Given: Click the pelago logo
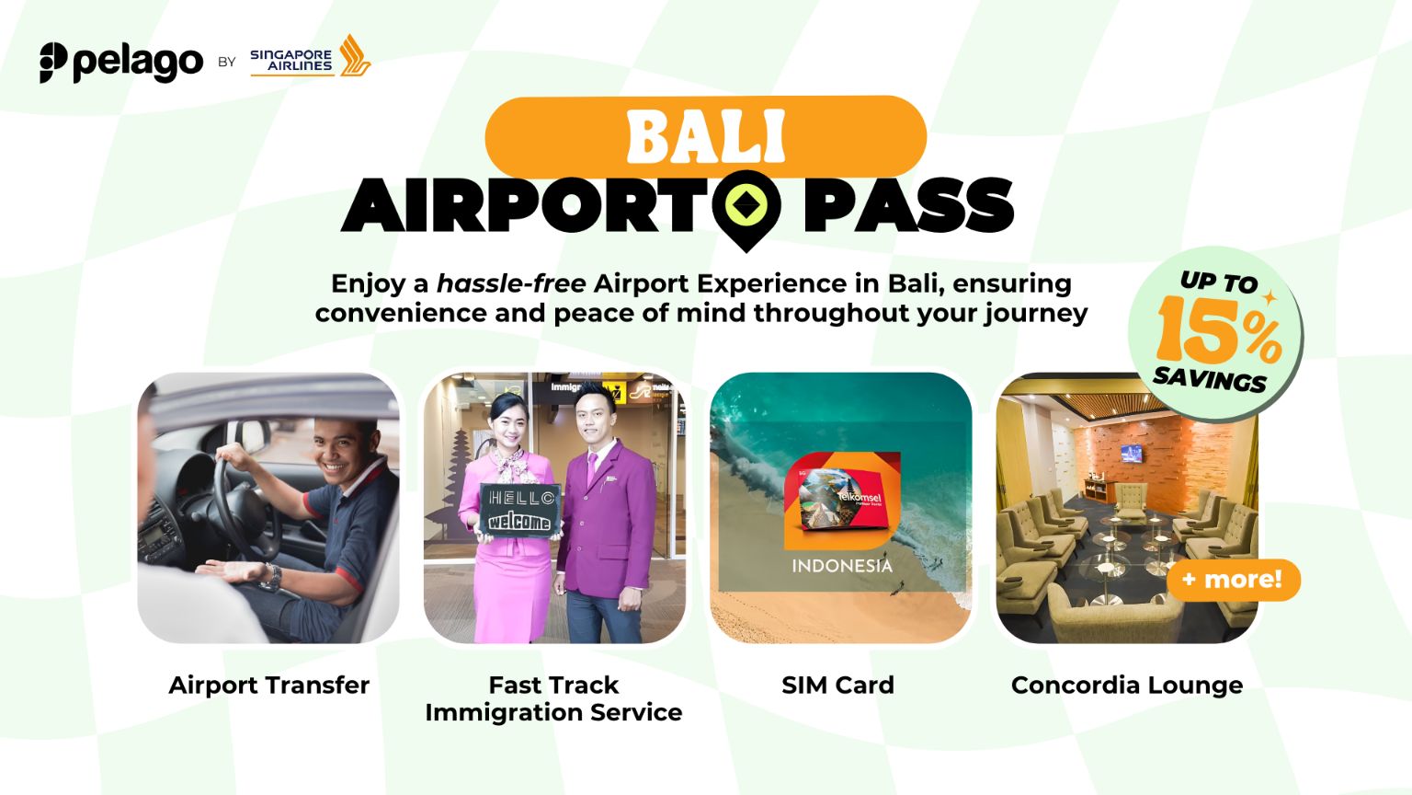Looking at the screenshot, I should [121, 63].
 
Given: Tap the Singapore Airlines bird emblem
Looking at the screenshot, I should [354, 56].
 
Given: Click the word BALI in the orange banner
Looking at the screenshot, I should [706, 138].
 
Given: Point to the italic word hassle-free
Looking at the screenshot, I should [511, 283].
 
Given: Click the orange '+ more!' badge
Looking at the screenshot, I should [1233, 580].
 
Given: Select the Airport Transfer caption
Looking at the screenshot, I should [269, 686].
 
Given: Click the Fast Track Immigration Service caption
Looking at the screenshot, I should [553, 698].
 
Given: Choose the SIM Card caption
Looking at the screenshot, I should [837, 686].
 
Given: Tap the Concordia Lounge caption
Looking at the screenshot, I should [1127, 686].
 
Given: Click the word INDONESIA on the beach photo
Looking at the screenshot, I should [842, 566].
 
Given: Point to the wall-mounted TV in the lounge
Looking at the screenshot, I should [1132, 454].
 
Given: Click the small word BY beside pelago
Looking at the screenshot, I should [227, 63].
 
